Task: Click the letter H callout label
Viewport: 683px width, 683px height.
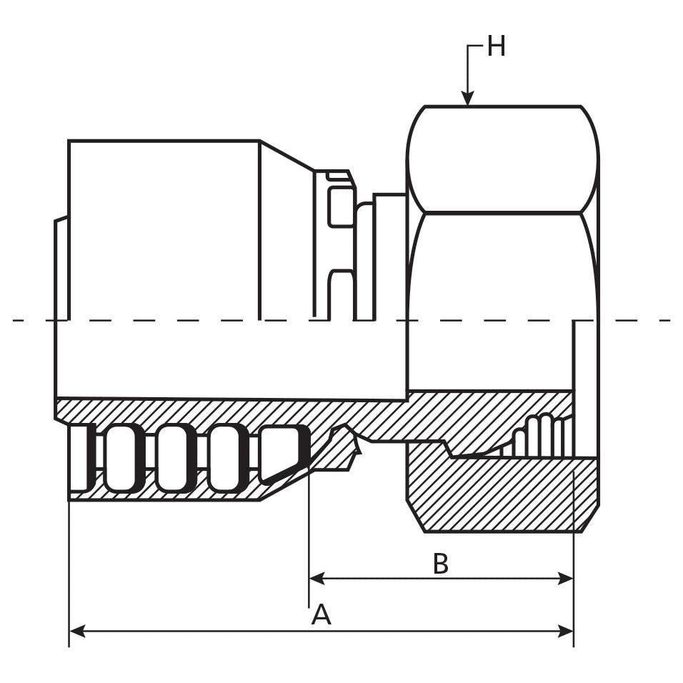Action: click(x=496, y=47)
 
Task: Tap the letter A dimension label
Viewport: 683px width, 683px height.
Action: click(x=321, y=614)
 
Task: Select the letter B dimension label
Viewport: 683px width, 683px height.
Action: click(x=441, y=564)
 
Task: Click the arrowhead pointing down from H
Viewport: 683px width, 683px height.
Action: click(x=468, y=98)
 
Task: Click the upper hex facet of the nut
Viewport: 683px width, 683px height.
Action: click(x=503, y=159)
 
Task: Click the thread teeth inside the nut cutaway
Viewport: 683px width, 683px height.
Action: click(x=543, y=436)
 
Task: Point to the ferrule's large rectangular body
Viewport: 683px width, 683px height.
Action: click(x=164, y=229)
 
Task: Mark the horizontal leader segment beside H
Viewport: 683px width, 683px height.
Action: click(x=476, y=46)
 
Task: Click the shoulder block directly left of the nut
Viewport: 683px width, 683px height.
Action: click(x=390, y=257)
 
